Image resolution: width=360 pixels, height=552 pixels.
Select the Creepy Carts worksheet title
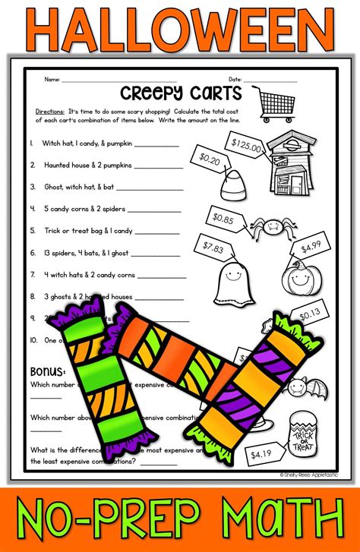(189, 93)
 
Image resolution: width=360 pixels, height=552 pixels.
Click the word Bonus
(47, 371)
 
